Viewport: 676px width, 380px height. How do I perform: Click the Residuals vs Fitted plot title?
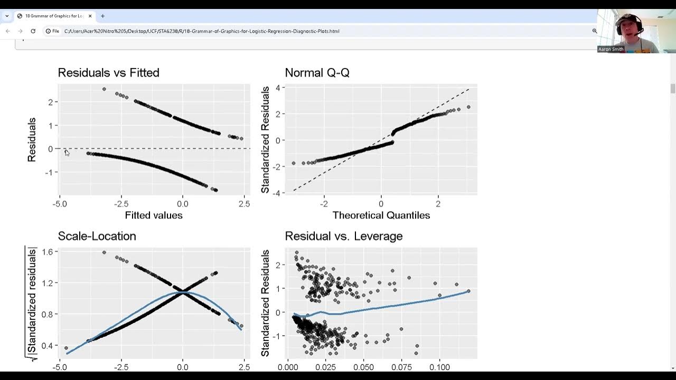(x=108, y=73)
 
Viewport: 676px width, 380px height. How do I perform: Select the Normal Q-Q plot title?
(x=317, y=73)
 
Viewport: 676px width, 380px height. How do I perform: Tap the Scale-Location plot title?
(x=97, y=236)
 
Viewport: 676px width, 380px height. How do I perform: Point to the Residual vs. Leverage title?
(x=343, y=236)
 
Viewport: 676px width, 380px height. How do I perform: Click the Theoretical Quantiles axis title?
(x=381, y=215)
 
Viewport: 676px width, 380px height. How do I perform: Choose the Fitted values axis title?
(x=154, y=215)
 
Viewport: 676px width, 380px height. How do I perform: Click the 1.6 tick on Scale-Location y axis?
(x=48, y=252)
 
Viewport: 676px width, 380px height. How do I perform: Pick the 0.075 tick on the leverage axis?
(x=409, y=367)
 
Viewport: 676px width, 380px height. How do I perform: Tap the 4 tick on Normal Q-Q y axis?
(x=277, y=88)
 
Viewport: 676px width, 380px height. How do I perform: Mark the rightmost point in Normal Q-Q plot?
(x=468, y=107)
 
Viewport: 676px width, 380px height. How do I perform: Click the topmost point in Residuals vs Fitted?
(x=104, y=89)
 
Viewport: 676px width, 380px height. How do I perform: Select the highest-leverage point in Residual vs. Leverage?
(x=468, y=291)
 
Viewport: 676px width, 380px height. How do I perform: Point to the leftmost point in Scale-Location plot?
(x=66, y=348)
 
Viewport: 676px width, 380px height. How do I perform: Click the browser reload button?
(x=33, y=31)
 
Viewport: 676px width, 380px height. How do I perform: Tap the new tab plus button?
(x=102, y=16)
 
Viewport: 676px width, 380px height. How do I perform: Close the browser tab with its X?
(x=90, y=16)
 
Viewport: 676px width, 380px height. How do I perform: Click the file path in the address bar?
(x=201, y=31)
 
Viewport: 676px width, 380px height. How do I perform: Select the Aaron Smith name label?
(x=611, y=49)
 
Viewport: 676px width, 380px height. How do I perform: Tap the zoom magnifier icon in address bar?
(x=594, y=31)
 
